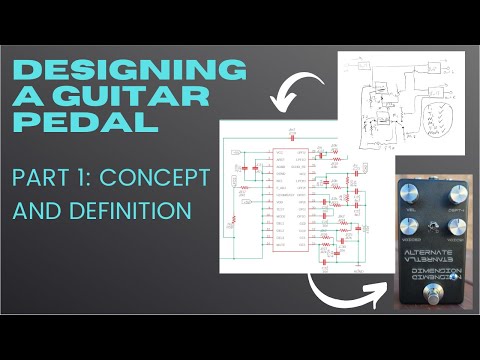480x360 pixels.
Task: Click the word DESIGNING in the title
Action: pos(129,70)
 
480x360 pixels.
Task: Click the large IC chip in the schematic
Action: pos(298,196)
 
